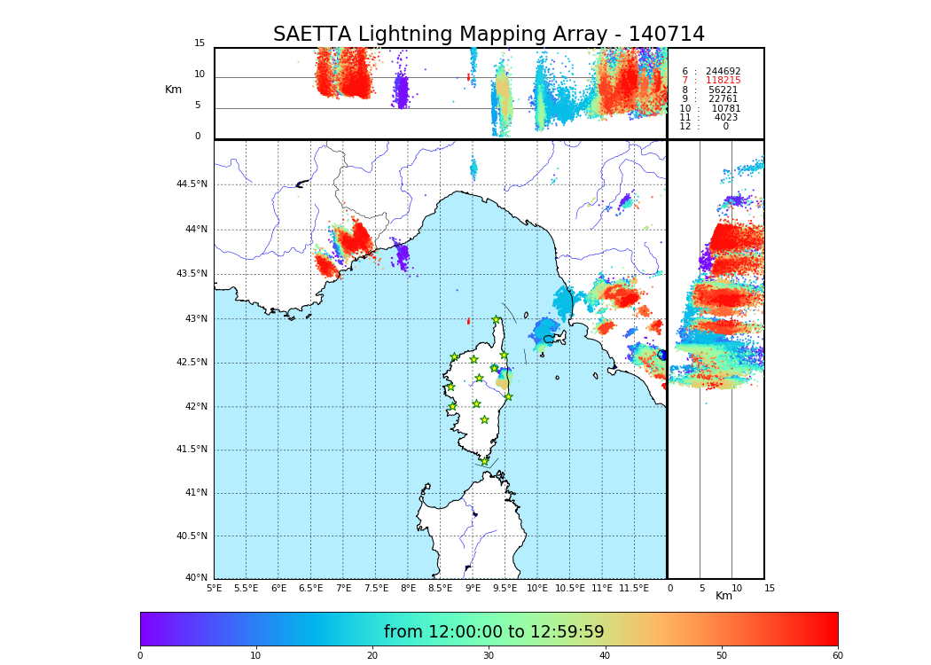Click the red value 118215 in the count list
tap(723, 81)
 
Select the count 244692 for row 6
tap(723, 72)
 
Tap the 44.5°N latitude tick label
tap(191, 184)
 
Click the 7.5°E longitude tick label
tap(376, 588)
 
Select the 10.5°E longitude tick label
tap(568, 588)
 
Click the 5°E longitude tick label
tap(215, 588)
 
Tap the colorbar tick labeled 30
tap(489, 656)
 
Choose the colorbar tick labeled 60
tap(837, 656)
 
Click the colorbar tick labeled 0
tap(140, 656)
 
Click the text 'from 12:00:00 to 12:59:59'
tap(493, 632)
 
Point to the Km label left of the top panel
tap(173, 90)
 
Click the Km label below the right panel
tap(724, 596)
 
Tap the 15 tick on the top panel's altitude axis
tap(199, 43)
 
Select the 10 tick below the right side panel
tap(737, 588)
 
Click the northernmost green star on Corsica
tap(496, 320)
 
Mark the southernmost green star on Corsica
tap(484, 461)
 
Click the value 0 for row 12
tap(725, 127)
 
